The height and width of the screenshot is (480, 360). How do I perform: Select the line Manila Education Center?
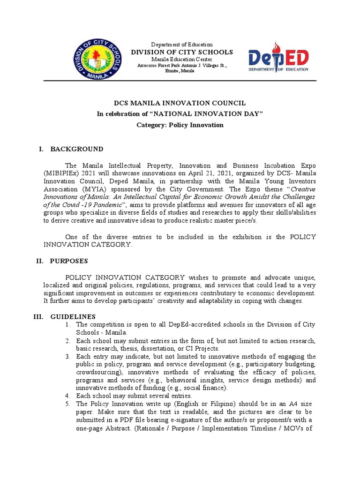pyautogui.click(x=181, y=60)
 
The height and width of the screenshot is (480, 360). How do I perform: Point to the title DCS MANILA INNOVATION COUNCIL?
pyautogui.click(x=180, y=103)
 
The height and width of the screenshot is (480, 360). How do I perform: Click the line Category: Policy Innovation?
pyautogui.click(x=180, y=125)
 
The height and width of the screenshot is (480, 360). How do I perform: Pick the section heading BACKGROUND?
pyautogui.click(x=77, y=149)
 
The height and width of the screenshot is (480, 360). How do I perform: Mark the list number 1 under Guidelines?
pyautogui.click(x=68, y=325)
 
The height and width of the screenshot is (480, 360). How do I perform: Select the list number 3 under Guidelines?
pyautogui.click(x=68, y=357)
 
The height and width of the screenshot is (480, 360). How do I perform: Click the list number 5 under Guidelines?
pyautogui.click(x=68, y=404)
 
